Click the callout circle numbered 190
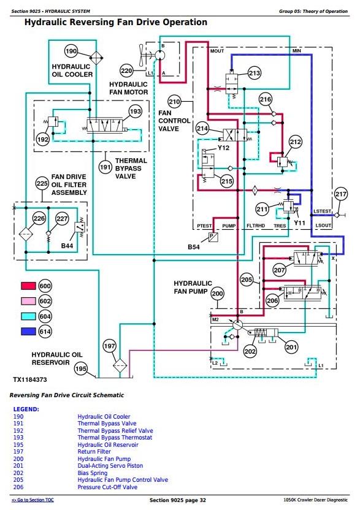[71, 51]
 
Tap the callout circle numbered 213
[255, 73]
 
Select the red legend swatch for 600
[28, 286]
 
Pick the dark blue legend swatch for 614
[28, 332]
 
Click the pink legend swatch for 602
[28, 301]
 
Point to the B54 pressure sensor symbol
[213, 237]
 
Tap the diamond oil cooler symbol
[96, 58]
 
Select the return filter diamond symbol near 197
[120, 365]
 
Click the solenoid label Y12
[223, 148]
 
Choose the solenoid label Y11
[299, 223]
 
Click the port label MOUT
[216, 51]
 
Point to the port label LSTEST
[322, 211]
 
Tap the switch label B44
[67, 246]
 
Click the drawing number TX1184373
[30, 379]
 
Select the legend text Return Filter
[94, 451]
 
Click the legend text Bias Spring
[93, 473]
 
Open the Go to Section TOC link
[33, 500]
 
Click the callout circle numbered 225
[42, 183]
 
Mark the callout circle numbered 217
[341, 194]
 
